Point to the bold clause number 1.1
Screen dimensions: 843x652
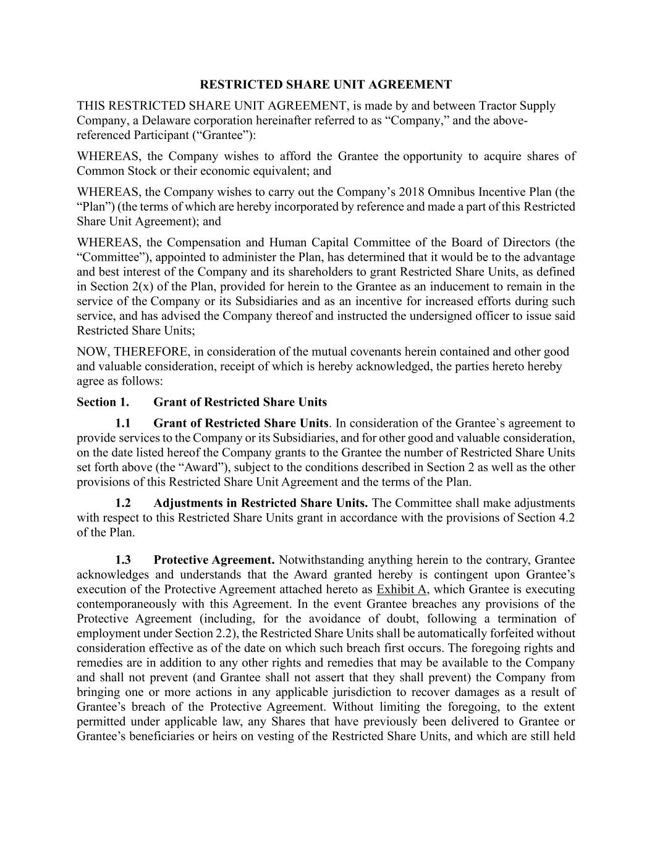(123, 424)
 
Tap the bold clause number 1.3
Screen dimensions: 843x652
(123, 560)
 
